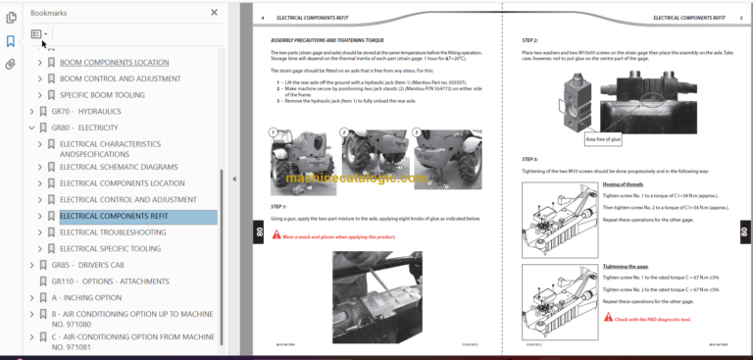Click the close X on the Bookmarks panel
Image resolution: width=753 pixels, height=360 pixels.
pyautogui.click(x=215, y=13)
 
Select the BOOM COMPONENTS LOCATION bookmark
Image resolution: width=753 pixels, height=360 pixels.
pyautogui.click(x=114, y=62)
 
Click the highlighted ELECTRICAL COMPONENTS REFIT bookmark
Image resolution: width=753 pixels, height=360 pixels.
pyautogui.click(x=114, y=216)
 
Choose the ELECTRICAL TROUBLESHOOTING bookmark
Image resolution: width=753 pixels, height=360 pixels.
pyautogui.click(x=112, y=232)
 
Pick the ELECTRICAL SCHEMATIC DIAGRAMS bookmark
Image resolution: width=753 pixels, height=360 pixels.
pyautogui.click(x=119, y=167)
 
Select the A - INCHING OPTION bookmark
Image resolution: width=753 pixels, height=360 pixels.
pyautogui.click(x=86, y=297)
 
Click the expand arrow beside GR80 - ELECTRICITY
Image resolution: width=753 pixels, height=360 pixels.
pyautogui.click(x=31, y=128)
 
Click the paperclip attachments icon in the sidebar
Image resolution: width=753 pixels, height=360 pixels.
pyautogui.click(x=11, y=65)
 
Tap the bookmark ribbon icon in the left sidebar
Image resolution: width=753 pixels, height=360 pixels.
pyautogui.click(x=11, y=41)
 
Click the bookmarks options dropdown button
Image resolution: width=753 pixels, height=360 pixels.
pyautogui.click(x=39, y=34)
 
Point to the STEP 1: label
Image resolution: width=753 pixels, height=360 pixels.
pyautogui.click(x=277, y=207)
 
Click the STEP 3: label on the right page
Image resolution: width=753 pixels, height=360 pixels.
pyautogui.click(x=529, y=159)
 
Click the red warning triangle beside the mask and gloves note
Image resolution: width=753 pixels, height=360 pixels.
pyautogui.click(x=276, y=236)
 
